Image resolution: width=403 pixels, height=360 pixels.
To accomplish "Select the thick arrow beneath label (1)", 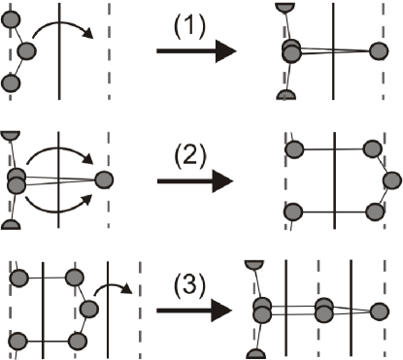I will click(193, 52).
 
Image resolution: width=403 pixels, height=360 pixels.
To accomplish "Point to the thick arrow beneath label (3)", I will click(193, 311).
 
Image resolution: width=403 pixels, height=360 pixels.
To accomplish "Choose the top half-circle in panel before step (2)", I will click(9, 133).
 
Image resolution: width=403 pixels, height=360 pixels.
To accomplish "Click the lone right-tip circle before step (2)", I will click(104, 179).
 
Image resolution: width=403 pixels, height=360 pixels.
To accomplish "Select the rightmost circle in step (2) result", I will click(389, 180).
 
